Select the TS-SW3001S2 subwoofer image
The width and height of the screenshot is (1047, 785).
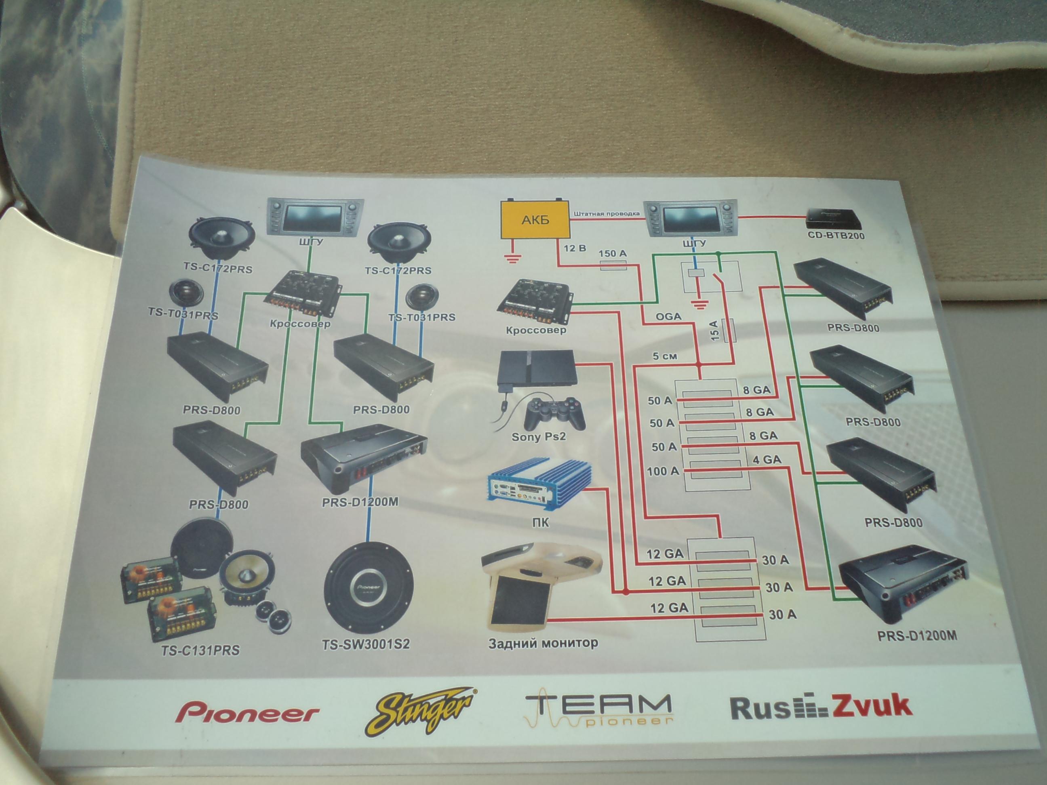369,586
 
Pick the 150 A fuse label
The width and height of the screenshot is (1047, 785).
613,254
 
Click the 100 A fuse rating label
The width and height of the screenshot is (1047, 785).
663,471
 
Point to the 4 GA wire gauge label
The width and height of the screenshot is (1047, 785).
766,459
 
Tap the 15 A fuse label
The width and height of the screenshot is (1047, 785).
715,330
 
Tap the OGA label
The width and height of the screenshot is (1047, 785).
668,317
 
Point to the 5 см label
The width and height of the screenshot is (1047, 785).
665,356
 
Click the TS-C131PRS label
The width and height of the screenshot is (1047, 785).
200,650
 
